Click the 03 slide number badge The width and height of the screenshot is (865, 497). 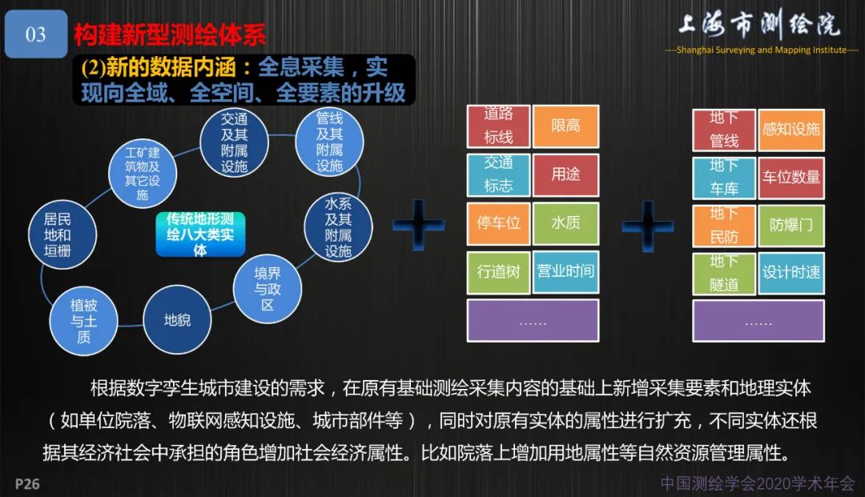pos(36,34)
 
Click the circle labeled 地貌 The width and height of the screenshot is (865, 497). pos(177,320)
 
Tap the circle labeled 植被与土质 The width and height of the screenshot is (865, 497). pos(84,322)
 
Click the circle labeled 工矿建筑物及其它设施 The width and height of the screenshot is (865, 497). pos(143,174)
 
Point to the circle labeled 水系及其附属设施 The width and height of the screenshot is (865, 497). pos(339,227)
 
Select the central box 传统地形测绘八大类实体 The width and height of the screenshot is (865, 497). pos(199,234)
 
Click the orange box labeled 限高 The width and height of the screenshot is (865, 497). pos(565,126)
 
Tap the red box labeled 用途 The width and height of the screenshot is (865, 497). pos(565,174)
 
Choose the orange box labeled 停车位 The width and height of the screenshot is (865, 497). pos(498,223)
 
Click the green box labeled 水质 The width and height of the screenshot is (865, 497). pos(565,223)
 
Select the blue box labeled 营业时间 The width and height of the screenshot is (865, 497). pos(565,271)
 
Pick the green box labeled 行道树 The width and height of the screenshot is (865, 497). pos(498,271)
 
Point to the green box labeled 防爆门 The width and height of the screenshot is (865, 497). pos(791,225)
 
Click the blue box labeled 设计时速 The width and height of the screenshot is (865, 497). pos(791,272)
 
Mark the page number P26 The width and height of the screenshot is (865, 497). pos(27,484)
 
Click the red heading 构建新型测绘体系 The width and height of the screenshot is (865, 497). pos(170,34)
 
